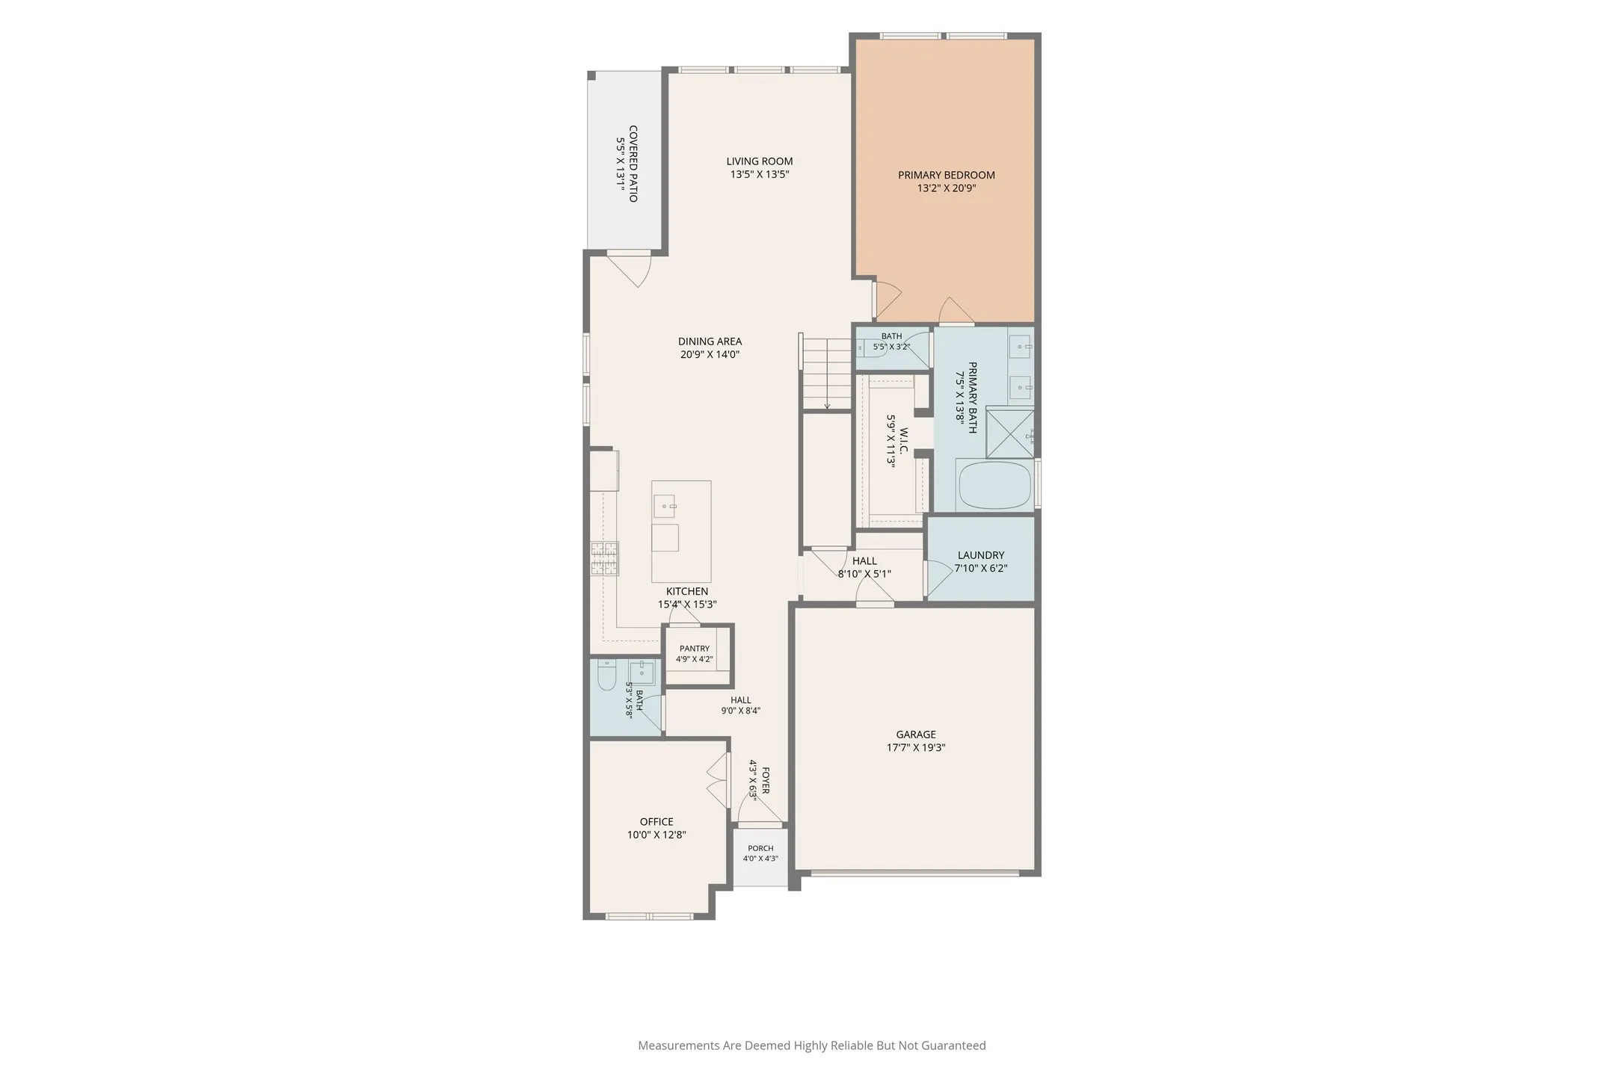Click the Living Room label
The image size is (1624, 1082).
click(x=760, y=161)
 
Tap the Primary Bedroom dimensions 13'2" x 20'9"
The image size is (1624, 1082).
click(x=947, y=188)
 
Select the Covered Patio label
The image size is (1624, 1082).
click(x=633, y=164)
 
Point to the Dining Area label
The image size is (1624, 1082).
click(x=710, y=341)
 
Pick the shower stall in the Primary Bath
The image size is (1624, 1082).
click(x=1009, y=433)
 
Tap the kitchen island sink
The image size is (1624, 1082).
click(x=665, y=506)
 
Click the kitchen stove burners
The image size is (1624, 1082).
click(x=605, y=558)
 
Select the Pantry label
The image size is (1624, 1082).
click(x=695, y=649)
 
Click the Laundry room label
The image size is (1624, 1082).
click(x=981, y=555)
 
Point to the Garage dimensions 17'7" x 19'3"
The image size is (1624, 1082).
click(x=916, y=747)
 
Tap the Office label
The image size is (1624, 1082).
click(x=656, y=822)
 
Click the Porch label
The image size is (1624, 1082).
click(x=760, y=848)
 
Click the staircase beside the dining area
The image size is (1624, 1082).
click(x=827, y=374)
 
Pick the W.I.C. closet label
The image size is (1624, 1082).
click(x=904, y=441)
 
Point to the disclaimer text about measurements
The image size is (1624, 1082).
click(x=812, y=1045)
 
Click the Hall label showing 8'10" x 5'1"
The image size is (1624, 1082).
click(x=864, y=561)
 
